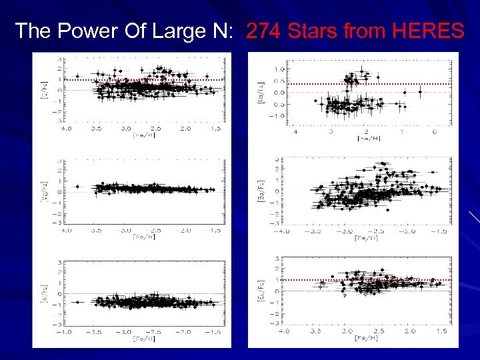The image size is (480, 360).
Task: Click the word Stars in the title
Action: point(315,31)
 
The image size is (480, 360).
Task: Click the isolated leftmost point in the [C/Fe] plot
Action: point(77,76)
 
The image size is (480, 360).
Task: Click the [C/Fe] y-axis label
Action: point(44,89)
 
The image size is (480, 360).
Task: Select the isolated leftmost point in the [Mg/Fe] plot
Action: point(77,187)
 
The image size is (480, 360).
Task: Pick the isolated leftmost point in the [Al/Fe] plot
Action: point(77,302)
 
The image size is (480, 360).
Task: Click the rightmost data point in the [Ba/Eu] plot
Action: point(420,91)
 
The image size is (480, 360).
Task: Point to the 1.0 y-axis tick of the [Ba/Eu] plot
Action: point(281,69)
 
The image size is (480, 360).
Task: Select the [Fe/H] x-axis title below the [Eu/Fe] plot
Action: point(366,337)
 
